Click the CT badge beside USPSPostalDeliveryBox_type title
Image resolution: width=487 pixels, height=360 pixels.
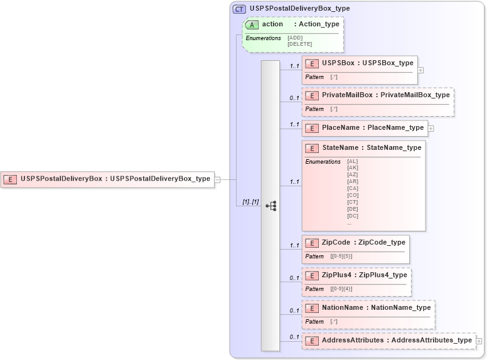tap(239, 9)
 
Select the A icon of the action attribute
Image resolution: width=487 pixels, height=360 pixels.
tap(252, 24)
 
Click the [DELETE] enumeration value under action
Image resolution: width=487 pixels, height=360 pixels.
tap(299, 44)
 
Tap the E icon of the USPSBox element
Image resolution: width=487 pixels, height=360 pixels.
tap(312, 63)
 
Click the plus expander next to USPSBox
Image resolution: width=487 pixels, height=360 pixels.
tap(420, 70)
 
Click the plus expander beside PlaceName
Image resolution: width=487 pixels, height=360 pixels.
tap(431, 128)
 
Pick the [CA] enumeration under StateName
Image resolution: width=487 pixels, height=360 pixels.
tap(352, 188)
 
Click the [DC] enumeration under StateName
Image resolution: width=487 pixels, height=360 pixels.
tap(352, 216)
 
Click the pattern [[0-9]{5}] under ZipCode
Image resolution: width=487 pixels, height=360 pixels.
tap(341, 257)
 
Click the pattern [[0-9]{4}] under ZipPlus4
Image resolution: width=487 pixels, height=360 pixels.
tap(341, 289)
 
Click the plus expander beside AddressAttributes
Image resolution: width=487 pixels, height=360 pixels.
tap(479, 341)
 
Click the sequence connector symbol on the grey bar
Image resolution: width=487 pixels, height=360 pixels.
tap(271, 206)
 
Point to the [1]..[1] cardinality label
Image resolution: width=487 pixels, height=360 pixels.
tap(250, 201)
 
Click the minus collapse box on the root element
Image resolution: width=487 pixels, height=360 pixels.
tap(217, 179)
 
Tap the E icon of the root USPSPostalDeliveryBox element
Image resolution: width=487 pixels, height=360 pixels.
tap(11, 179)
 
